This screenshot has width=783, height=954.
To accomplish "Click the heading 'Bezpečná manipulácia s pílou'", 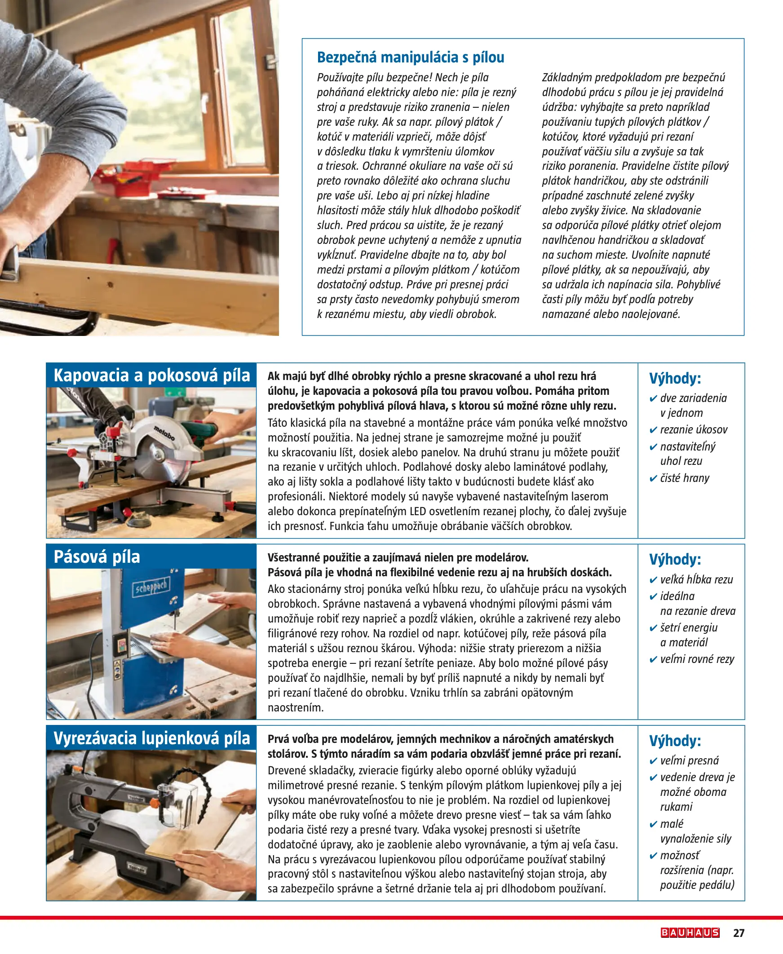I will pos(411,57).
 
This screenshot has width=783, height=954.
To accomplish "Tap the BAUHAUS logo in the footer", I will pos(690,932).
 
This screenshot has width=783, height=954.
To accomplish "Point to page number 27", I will pos(739,933).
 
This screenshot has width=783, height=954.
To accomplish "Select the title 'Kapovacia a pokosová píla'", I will pos(151,375).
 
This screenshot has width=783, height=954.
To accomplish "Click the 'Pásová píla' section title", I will pos(97,556).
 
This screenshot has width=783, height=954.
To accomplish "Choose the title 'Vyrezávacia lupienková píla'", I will pos(151,738).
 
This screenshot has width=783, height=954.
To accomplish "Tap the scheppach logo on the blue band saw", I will pos(150,587).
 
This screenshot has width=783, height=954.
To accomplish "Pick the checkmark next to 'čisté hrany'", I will pos(653,479).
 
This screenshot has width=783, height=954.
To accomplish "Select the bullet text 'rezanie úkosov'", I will pos(694,430).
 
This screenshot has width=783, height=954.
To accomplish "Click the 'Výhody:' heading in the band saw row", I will pos(675,560).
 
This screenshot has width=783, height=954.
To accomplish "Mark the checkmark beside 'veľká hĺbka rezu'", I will pos(653,580).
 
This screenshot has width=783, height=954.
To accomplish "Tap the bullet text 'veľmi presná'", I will pos(690,760).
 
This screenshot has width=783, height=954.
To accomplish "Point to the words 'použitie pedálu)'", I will pos(697,884).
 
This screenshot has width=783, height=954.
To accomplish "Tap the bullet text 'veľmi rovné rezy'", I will pos(697,659).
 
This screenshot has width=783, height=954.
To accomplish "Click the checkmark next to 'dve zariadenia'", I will pos(653,398).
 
